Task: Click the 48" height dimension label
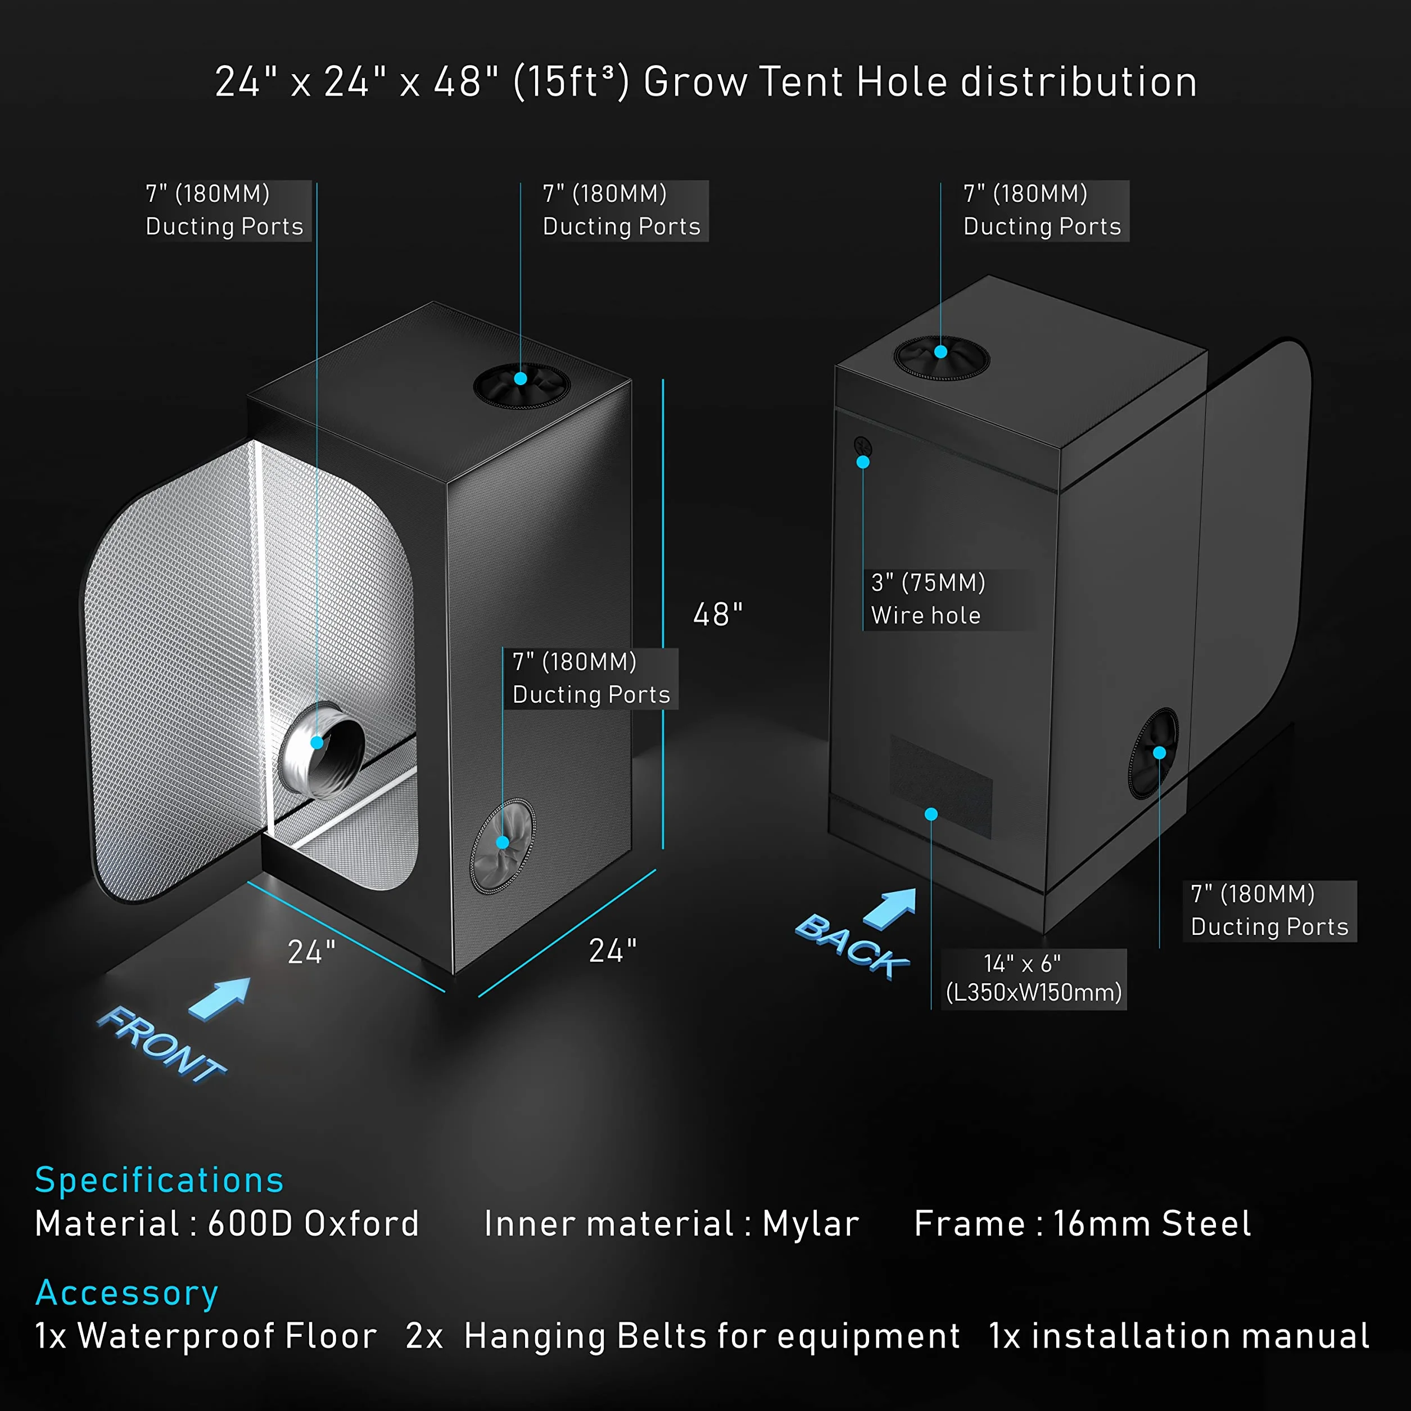pos(718,614)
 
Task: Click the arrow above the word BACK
pos(889,908)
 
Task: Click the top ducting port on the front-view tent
pos(522,385)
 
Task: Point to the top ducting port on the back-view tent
pos(942,357)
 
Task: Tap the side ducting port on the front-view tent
pos(503,845)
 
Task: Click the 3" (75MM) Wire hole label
pos(928,599)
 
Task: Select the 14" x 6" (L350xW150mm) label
pos(1033,979)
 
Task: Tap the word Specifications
pos(159,1180)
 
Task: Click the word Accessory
pos(127,1294)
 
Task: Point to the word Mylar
pos(811,1224)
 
